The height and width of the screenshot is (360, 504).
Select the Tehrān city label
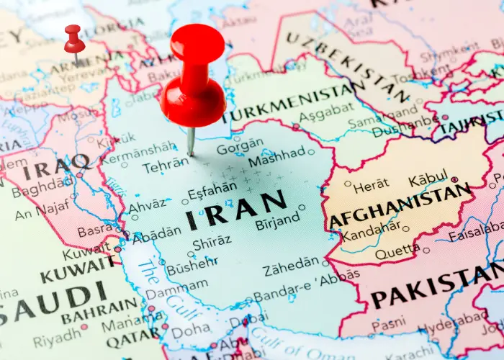[x=165, y=166]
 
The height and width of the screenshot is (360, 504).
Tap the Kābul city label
[x=428, y=180]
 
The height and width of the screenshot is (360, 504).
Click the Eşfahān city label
[x=212, y=192]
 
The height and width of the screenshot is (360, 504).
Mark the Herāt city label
[x=371, y=186]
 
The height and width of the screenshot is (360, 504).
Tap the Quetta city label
[x=397, y=251]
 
